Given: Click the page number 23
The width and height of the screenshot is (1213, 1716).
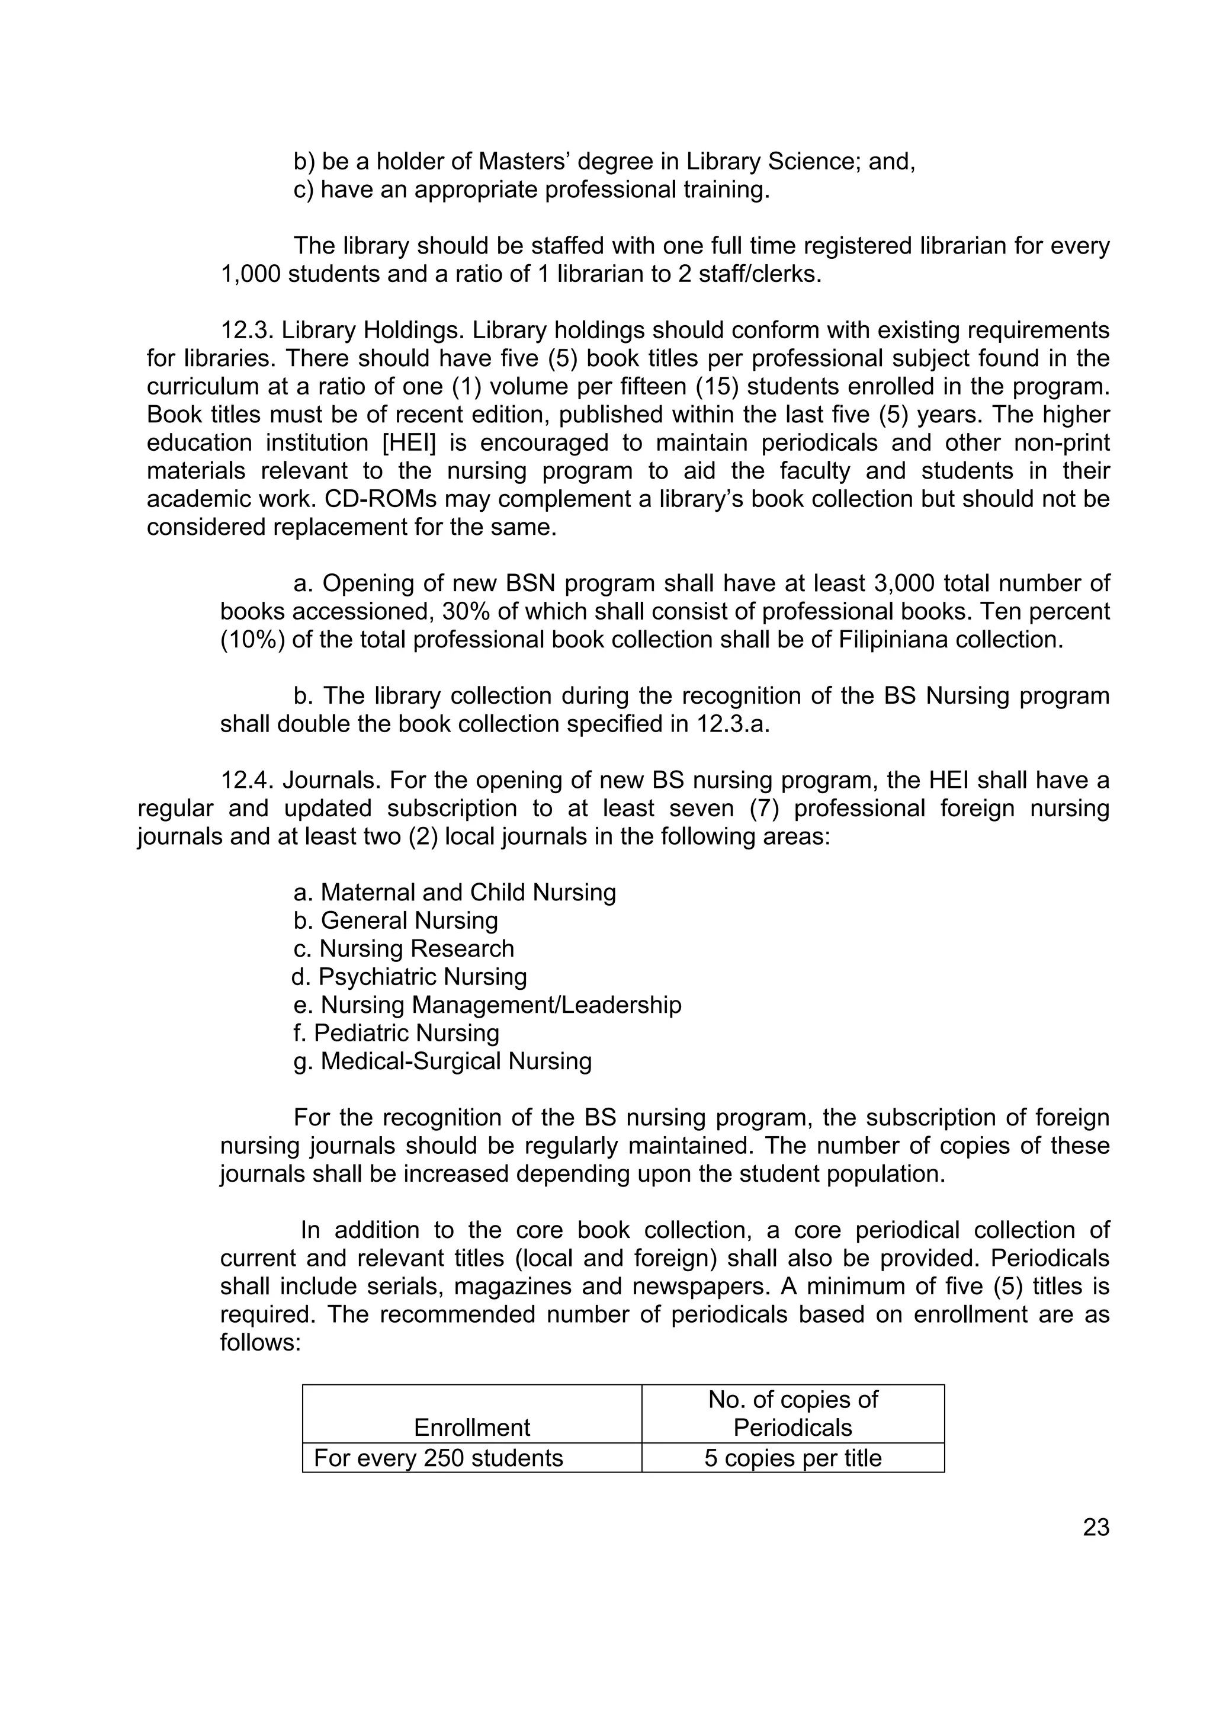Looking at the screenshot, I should pos(1096,1527).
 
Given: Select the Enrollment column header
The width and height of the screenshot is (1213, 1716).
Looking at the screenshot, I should pos(471,1427).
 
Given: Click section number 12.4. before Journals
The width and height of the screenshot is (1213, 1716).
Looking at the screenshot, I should pos(248,780).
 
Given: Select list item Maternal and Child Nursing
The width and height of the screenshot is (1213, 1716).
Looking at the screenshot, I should pos(454,893).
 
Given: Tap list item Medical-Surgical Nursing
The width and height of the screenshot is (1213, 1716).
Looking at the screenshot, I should pos(442,1061).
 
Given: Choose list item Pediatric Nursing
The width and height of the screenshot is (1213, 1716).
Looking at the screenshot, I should pos(396,1033).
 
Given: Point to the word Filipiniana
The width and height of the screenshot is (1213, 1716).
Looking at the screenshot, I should pos(901,640).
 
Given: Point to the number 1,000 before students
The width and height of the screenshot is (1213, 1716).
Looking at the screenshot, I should pos(251,274).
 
